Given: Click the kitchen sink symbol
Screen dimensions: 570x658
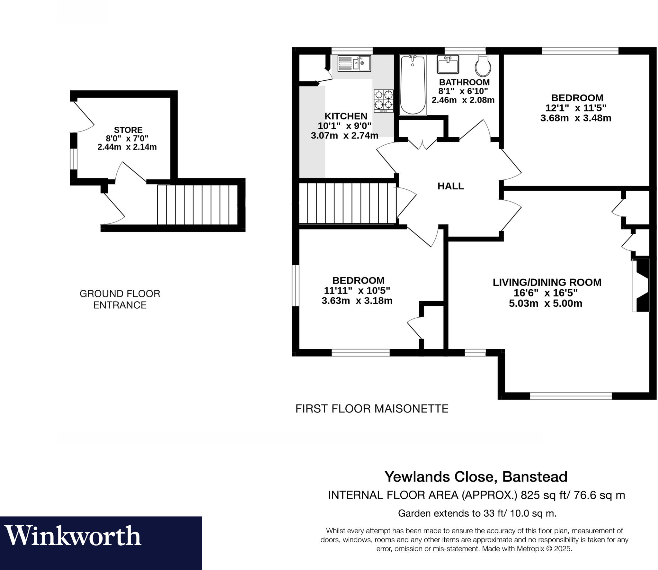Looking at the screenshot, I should (354, 63).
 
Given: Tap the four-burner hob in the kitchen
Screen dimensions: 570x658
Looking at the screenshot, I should (384, 101).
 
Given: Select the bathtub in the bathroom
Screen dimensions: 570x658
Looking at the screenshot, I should (413, 85).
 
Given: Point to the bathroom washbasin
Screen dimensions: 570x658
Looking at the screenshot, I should (448, 64).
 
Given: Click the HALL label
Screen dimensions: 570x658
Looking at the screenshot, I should (450, 186).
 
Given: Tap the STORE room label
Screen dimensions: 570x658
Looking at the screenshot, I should (128, 130).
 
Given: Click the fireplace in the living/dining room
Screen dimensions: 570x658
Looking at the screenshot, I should (641, 285).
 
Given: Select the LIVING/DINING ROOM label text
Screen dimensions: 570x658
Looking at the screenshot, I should (547, 282).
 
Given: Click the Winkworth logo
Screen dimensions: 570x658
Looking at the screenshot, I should (73, 536).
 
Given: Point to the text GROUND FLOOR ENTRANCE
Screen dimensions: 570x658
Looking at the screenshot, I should (120, 299).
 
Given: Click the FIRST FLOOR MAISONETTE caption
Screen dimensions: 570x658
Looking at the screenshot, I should (372, 409).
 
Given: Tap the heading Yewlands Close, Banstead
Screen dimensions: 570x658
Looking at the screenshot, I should (476, 477).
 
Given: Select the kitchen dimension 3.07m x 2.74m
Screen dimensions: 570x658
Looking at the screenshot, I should (344, 136).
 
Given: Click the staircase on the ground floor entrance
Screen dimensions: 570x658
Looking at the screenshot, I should (197, 204).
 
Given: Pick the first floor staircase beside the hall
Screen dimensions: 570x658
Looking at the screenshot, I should (347, 203).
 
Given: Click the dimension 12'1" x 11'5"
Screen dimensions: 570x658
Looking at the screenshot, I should (576, 108).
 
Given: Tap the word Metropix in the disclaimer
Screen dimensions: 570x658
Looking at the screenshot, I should (530, 549).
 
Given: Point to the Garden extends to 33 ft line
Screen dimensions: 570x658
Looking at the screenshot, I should (477, 513).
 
